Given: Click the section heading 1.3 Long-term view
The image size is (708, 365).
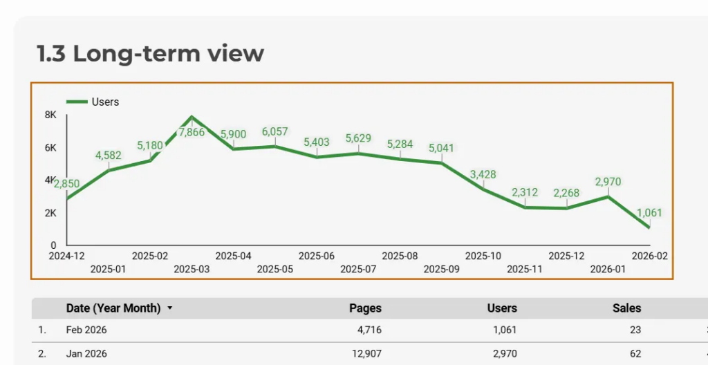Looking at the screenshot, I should pos(150,53).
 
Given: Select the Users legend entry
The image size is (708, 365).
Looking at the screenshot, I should pos(105,102).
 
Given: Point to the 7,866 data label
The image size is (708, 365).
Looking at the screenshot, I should pos(192,132).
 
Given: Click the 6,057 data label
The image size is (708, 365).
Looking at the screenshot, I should pos(274,131).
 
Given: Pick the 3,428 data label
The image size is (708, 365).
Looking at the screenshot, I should pos(483,174).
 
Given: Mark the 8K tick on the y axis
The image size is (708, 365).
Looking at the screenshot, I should pos(50,115).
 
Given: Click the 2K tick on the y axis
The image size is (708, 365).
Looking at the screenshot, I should pos(50,213).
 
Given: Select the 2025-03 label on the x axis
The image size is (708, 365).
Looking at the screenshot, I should pos(192,268).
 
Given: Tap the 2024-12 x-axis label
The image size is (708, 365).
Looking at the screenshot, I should pos(66,256).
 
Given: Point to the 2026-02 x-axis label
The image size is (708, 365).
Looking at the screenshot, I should pos(649,256).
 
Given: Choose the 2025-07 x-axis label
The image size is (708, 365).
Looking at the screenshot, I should pos(358,268).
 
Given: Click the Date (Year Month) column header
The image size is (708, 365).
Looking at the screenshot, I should pos(113,308).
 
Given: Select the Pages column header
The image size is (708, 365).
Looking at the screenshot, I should pos(365,308).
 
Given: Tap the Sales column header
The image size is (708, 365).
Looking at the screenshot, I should pos(626,308).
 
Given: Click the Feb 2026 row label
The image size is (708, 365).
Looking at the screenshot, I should pos(86,330).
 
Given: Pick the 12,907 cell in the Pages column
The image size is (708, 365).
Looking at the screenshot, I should pos(366,354).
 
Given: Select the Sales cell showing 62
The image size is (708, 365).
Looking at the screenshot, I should pos(635,354).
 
